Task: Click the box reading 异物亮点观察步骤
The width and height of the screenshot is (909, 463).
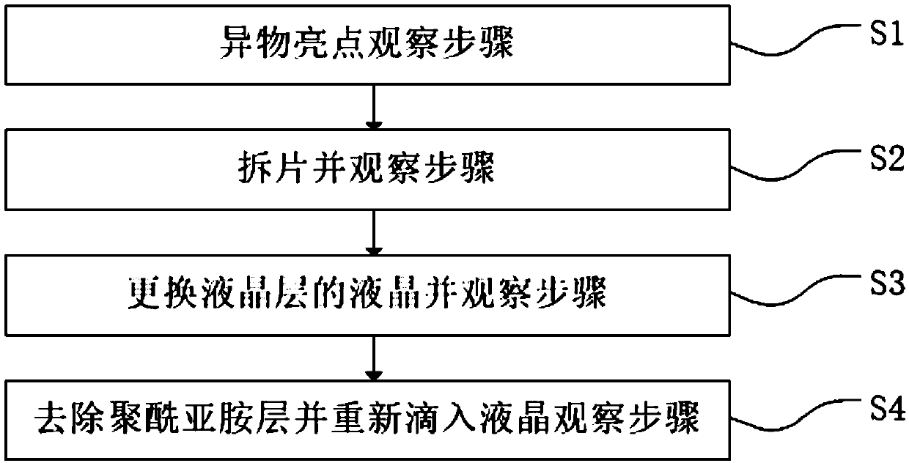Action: pyautogui.click(x=375, y=46)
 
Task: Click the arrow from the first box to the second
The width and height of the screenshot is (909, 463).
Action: pyautogui.click(x=375, y=108)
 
